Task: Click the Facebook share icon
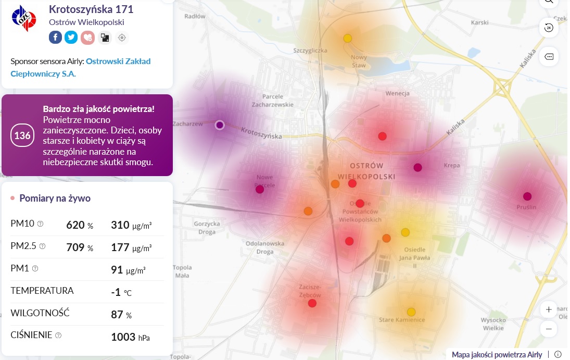pos(55,37)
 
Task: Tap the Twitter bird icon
pos(71,37)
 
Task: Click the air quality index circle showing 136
pos(22,135)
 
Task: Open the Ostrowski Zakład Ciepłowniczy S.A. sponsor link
pos(80,67)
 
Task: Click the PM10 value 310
pos(120,225)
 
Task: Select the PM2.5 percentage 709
pos(75,247)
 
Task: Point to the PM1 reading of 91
pos(117,270)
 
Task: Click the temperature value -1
pos(116,292)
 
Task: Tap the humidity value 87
pos(117,315)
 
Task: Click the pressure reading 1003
pos(123,337)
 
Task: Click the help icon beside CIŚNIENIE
pos(58,335)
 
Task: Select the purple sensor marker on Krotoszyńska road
pos(220,125)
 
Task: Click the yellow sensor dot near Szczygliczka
pos(348,38)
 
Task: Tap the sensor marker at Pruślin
pos(527,196)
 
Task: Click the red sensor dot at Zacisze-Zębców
pos(312,303)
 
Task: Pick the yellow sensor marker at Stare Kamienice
pos(411,312)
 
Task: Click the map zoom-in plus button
pos(549,310)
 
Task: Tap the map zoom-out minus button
pos(549,329)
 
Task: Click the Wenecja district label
pos(397,94)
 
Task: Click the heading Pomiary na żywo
pos(55,198)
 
